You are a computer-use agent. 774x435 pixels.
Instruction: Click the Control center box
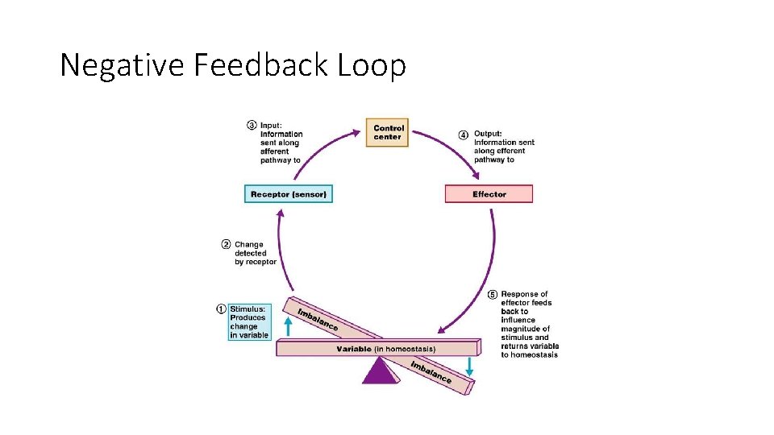388,133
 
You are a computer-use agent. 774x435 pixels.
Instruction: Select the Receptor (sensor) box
289,194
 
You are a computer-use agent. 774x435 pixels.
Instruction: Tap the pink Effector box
489,194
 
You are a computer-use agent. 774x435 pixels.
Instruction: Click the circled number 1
221,309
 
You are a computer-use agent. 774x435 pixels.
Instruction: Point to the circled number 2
227,244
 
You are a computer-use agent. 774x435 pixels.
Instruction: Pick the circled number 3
252,125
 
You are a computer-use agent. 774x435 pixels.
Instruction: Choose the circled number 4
463,134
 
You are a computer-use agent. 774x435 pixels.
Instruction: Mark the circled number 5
493,294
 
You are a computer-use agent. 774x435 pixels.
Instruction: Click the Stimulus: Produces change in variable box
250,322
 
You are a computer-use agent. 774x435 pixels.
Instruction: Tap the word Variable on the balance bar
354,349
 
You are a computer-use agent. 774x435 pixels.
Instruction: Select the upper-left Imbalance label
318,320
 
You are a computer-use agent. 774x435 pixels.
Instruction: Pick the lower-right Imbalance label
431,371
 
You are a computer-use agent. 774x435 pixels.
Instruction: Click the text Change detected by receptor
255,253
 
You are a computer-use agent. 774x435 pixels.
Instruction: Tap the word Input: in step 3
272,125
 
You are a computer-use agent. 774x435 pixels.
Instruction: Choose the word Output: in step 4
488,134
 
